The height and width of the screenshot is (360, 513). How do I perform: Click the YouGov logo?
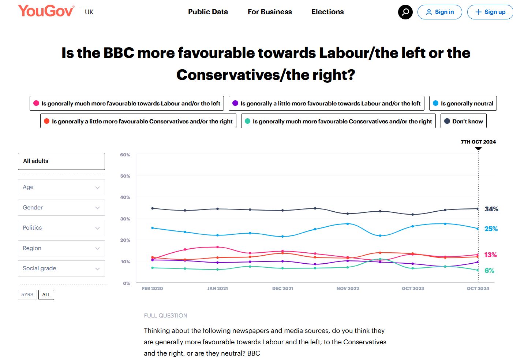pyautogui.click(x=46, y=11)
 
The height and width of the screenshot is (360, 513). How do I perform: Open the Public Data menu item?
pyautogui.click(x=208, y=12)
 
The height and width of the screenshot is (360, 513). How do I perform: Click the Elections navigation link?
pyautogui.click(x=327, y=12)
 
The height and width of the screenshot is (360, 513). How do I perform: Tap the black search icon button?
pyautogui.click(x=405, y=12)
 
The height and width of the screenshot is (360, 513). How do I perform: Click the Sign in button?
pyautogui.click(x=439, y=12)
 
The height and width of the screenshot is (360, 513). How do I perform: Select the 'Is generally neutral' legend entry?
pyautogui.click(x=463, y=103)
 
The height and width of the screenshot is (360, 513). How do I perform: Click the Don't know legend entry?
pyautogui.click(x=463, y=121)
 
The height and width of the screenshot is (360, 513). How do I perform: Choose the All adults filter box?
pyautogui.click(x=61, y=161)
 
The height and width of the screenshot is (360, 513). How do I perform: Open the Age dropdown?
pyautogui.click(x=61, y=187)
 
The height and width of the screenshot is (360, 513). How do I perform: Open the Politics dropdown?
pyautogui.click(x=61, y=228)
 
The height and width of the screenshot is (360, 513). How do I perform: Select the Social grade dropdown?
pyautogui.click(x=61, y=268)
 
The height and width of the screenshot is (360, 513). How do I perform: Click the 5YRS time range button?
pyautogui.click(x=27, y=295)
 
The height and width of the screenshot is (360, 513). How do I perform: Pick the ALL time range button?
pyautogui.click(x=46, y=295)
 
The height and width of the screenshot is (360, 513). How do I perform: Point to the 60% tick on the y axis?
pyautogui.click(x=125, y=155)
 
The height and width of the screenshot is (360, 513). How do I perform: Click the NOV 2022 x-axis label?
pyautogui.click(x=348, y=289)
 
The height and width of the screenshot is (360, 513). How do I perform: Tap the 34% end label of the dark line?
pyautogui.click(x=491, y=209)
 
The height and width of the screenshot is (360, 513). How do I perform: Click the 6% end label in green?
pyautogui.click(x=489, y=271)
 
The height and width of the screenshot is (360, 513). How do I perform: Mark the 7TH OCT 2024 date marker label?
pyautogui.click(x=478, y=142)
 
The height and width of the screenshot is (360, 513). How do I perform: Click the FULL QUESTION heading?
pyautogui.click(x=165, y=316)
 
